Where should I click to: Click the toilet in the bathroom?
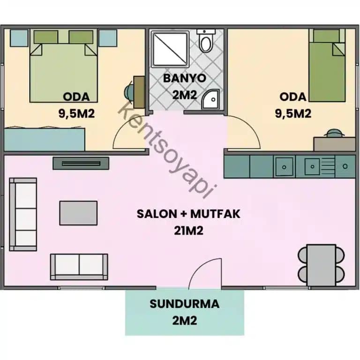205,41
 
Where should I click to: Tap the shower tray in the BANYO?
169,47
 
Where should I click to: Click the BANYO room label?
184,78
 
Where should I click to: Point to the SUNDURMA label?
184,304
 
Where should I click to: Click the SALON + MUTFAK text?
188,214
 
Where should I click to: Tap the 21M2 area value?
188,231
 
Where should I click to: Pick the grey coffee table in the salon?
78,213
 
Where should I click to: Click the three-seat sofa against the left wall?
22,214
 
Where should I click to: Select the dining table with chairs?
321,263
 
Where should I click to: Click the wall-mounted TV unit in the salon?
81,163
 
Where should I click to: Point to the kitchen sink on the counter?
284,165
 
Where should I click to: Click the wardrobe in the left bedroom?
45,139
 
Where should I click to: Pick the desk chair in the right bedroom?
333,133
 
